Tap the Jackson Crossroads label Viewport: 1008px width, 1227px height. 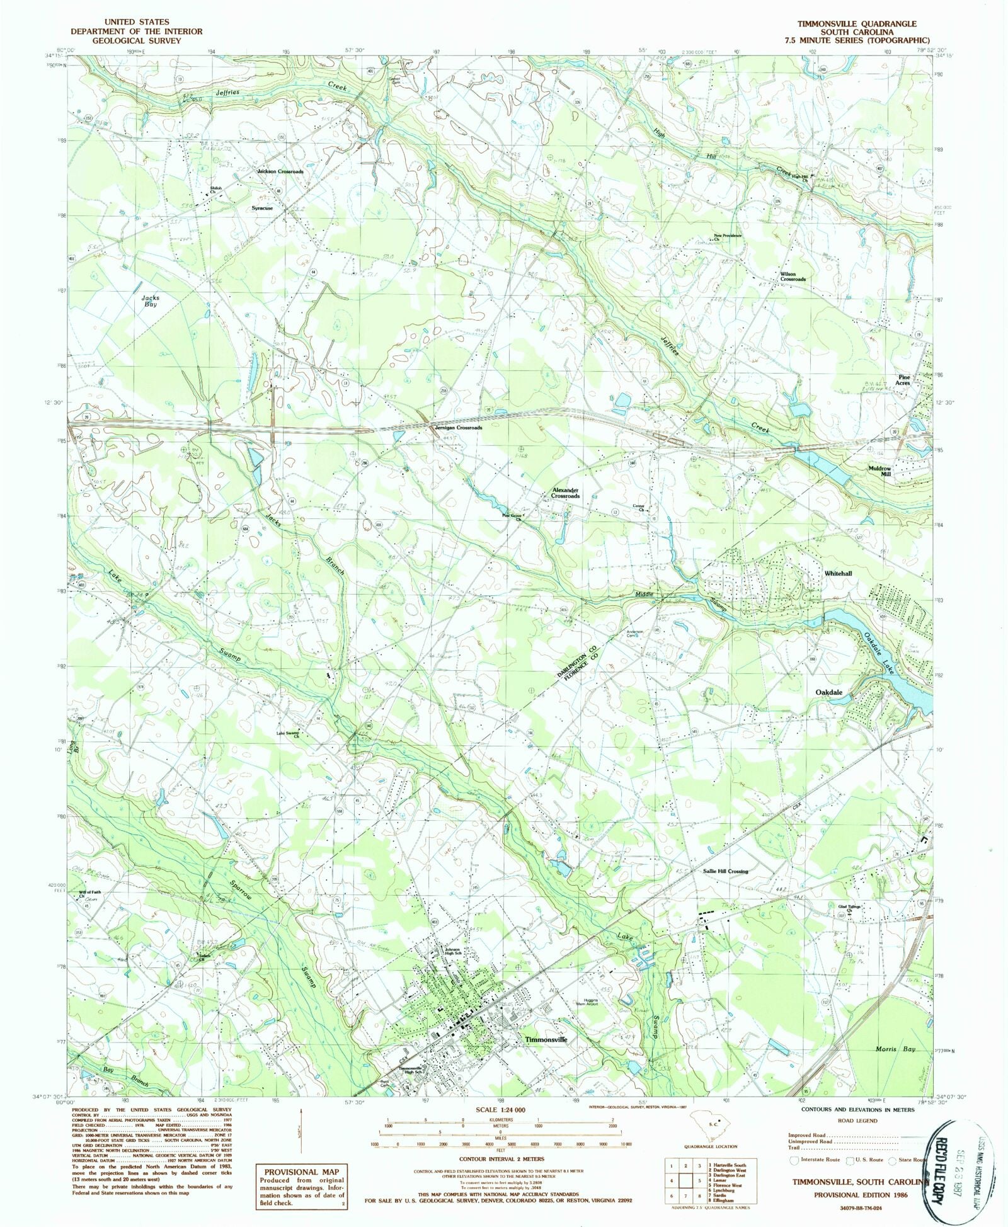280,171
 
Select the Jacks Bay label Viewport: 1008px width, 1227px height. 150,300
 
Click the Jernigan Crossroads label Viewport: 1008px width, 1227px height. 458,428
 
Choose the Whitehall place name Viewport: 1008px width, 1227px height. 838,574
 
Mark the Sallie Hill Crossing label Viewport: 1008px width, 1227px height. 725,871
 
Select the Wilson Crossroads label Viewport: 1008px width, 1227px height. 793,277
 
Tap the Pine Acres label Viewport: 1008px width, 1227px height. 903,380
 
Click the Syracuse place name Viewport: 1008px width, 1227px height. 262,208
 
